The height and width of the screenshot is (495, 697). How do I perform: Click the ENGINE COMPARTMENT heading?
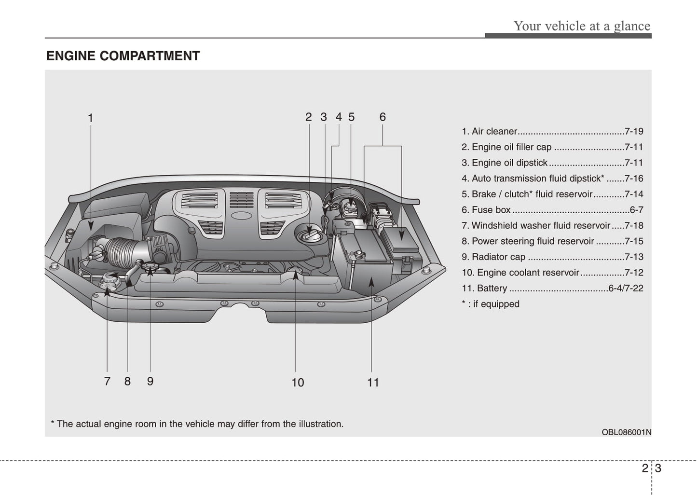click(123, 56)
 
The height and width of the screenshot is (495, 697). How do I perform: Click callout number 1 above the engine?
click(90, 118)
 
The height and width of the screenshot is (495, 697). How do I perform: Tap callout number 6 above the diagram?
click(383, 117)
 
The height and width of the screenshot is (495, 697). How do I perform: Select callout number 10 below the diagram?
click(298, 383)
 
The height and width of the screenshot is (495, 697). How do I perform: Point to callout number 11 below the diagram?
click(373, 383)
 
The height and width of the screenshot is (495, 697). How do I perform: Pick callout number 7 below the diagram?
click(107, 382)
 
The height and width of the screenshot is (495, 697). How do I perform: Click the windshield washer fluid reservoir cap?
click(109, 279)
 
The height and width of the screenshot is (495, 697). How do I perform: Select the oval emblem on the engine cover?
click(241, 216)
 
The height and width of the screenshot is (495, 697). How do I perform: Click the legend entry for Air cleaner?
click(494, 131)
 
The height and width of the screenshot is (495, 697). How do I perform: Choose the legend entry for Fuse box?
click(491, 210)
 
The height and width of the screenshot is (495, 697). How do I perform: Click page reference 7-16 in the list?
click(633, 179)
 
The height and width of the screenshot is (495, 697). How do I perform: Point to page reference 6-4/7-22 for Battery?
click(626, 289)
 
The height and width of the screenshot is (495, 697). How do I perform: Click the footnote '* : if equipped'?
click(490, 304)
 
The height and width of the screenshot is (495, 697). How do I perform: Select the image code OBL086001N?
click(626, 432)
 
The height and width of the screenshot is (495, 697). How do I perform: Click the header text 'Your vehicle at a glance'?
click(582, 26)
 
